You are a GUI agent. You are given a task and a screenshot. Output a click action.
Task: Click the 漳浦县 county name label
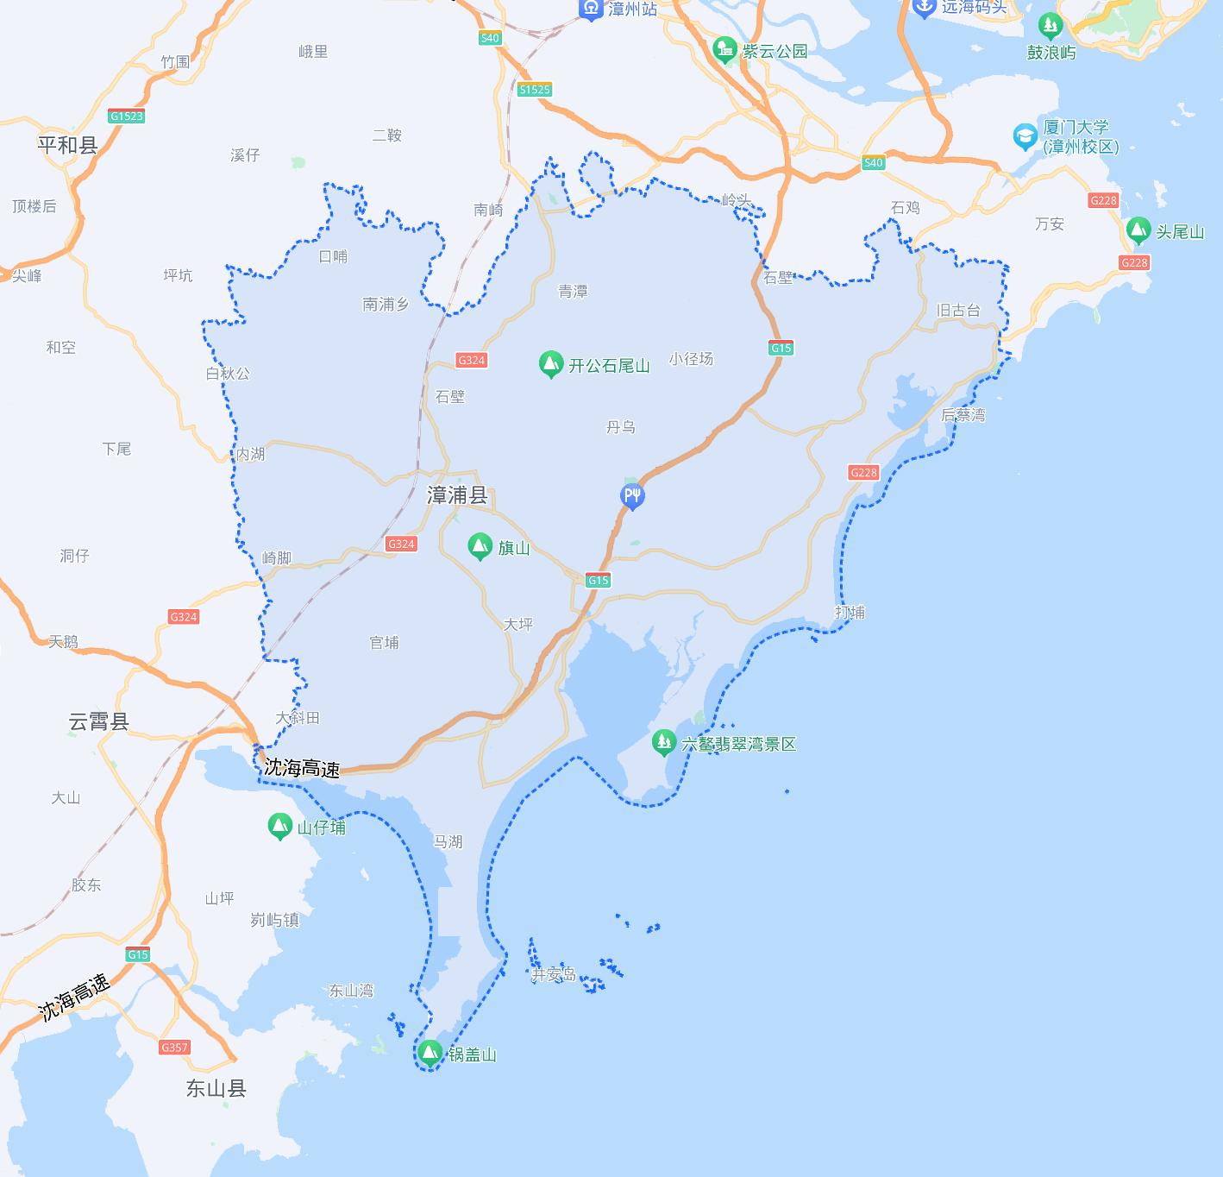457,495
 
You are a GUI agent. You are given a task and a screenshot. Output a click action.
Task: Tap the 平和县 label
67,145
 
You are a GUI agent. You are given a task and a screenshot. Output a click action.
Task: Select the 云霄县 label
98,721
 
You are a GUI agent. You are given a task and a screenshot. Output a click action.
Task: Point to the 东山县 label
216,1088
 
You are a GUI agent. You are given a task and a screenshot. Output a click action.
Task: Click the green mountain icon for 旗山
480,546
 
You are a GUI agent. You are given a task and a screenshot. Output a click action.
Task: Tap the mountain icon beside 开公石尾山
550,364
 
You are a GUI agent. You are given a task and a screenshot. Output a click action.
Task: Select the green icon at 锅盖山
429,1053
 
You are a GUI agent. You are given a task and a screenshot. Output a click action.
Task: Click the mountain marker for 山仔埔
279,826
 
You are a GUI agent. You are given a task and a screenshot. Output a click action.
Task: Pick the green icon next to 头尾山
1138,230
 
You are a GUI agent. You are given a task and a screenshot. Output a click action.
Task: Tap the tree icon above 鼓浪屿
1050,27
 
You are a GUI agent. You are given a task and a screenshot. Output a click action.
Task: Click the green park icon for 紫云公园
725,50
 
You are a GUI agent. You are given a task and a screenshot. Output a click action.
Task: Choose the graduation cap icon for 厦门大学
1025,136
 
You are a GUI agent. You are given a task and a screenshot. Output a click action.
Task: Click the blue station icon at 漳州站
591,9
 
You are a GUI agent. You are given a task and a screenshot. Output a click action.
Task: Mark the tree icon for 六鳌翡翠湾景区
663,741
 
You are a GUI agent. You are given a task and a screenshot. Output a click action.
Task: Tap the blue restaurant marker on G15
632,496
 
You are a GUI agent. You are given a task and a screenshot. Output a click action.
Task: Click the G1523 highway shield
127,116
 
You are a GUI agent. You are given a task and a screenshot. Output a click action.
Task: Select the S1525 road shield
535,90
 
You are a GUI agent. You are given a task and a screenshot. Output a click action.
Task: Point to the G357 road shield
174,1048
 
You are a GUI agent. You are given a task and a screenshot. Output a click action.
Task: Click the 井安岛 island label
553,975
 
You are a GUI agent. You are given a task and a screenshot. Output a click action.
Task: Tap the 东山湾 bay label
351,991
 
